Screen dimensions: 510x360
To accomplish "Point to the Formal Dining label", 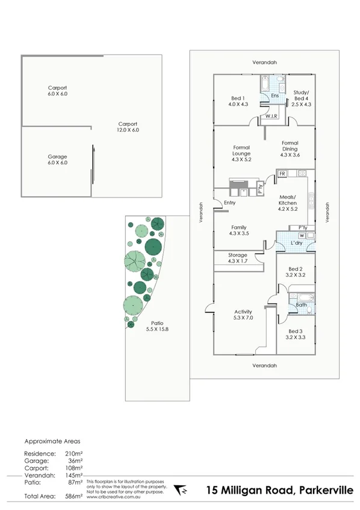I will pos(290,146).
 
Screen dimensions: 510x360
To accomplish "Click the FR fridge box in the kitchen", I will pos(282,173).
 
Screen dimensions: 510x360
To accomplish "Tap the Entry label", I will pos(229,203).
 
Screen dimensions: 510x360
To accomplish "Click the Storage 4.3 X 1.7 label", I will pos(237,258).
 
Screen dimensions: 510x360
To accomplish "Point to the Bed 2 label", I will pos(295,272).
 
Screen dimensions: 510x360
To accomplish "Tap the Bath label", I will pos(301,305).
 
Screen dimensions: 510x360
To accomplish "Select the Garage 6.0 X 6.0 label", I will pos(57,158).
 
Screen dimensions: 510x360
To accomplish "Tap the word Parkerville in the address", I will pos(324,490).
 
